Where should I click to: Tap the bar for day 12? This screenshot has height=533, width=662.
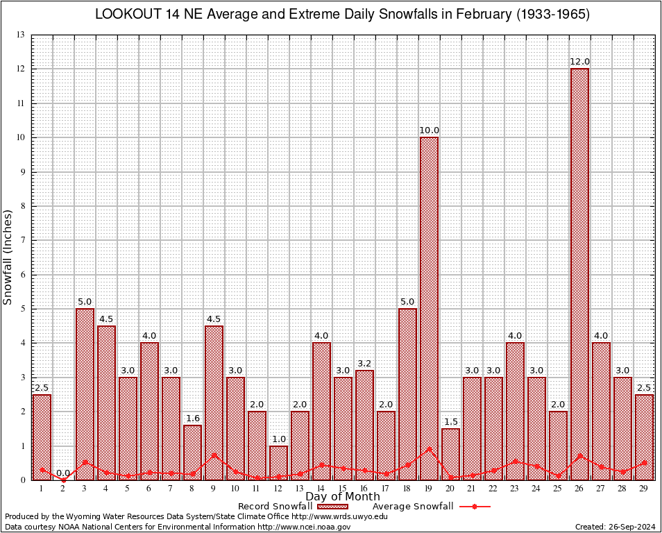tap(278, 462)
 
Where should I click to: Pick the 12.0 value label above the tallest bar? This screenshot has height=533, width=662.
tap(579, 62)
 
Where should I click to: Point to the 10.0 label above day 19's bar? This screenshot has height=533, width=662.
tap(429, 130)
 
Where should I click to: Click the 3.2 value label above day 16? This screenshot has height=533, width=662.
tap(364, 363)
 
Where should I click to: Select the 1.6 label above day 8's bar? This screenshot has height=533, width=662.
tap(192, 418)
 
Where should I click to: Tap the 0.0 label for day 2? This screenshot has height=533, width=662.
tap(63, 473)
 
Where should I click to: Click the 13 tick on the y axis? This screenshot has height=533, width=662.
tap(21, 35)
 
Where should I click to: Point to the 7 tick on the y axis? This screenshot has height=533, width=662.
tap(23, 240)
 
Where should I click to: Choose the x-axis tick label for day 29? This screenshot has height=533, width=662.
tap(644, 489)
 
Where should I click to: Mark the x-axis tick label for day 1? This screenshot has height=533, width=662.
tap(42, 489)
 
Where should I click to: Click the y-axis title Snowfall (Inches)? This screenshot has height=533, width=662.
tap(8, 257)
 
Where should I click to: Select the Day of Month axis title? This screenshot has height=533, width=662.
tap(342, 497)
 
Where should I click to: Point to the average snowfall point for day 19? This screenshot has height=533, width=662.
tap(429, 448)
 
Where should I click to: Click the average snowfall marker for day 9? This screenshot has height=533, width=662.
tap(214, 455)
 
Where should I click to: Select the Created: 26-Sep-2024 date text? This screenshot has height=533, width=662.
tap(615, 527)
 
